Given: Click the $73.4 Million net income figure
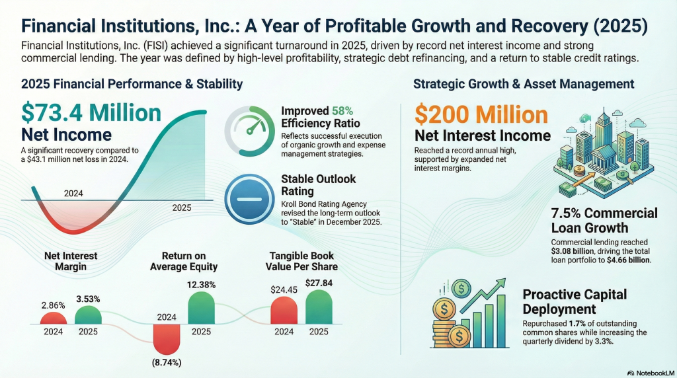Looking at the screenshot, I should tap(91, 112).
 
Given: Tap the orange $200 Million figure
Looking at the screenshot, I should tap(481, 115).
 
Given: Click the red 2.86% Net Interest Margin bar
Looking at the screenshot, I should tap(54, 318).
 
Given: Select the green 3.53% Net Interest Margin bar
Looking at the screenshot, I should tap(88, 315).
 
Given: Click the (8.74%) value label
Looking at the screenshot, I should tap(166, 363).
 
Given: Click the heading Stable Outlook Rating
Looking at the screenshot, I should tap(319, 186).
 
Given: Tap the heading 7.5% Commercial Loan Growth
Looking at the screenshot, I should tap(604, 221).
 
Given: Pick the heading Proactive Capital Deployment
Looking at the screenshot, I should tap(575, 301).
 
